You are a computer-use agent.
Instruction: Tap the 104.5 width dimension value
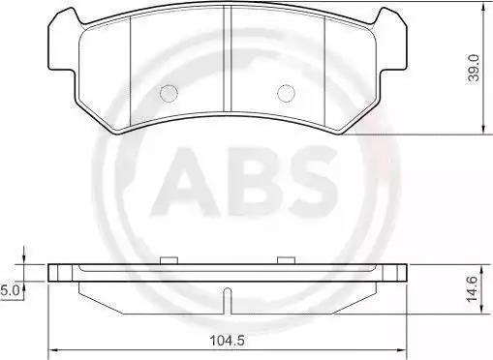click(228, 340)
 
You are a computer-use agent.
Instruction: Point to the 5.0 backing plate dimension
click(11, 291)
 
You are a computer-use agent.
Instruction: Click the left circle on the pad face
click(169, 94)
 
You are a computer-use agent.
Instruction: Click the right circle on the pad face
click(286, 94)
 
